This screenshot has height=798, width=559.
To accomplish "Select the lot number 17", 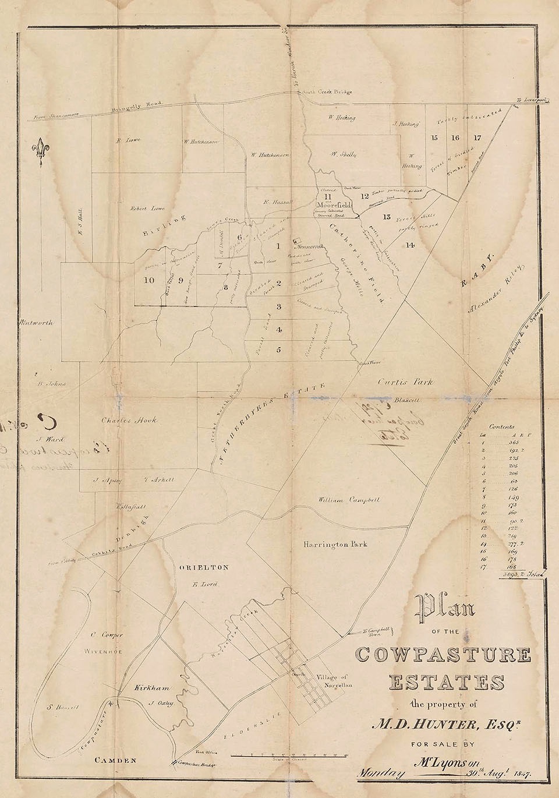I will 477,138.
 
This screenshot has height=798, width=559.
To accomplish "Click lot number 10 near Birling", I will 149,280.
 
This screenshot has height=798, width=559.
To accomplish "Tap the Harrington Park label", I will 335,544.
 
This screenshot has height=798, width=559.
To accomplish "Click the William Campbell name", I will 349,500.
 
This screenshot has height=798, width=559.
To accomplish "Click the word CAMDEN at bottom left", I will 116,761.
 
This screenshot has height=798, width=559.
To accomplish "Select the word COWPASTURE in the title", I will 443,655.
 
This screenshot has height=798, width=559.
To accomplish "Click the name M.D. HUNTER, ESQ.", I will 443,724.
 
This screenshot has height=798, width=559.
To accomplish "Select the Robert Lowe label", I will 145,207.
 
